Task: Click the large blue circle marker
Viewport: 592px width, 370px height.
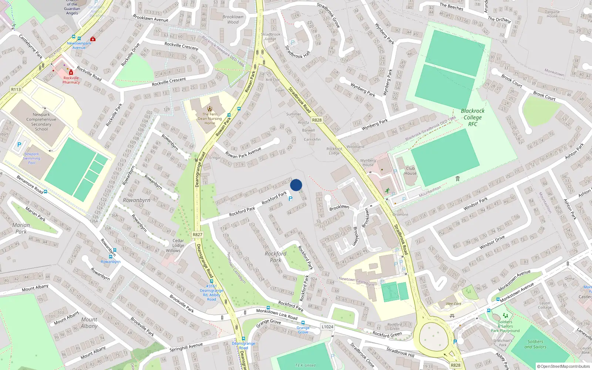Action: tap(296, 185)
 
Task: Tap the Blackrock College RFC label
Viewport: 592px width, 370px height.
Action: tap(472, 117)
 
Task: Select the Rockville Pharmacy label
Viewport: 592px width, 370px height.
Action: tap(71, 80)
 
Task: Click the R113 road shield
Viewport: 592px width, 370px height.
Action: tap(16, 90)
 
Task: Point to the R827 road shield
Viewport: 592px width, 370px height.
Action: tap(198, 235)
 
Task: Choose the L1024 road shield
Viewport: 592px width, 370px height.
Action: tap(327, 327)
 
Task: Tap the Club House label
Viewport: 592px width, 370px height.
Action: tap(410, 171)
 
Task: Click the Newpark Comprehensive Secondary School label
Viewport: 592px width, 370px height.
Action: tap(41, 122)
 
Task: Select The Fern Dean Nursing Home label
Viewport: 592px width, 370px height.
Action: tap(210, 118)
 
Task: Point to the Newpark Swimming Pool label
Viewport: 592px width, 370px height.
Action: tap(32, 158)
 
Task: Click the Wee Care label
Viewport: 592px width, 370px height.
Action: tap(454, 304)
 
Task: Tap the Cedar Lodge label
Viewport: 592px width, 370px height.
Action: tap(178, 243)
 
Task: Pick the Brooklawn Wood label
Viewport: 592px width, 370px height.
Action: tap(233, 19)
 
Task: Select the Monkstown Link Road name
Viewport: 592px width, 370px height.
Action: tap(277, 314)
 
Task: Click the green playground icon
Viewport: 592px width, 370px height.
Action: tap(505, 316)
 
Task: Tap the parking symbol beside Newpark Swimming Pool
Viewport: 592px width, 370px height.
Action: tap(19, 145)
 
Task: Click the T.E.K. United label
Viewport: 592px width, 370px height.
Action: tap(305, 365)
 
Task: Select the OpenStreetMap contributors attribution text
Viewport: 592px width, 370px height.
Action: tap(564, 366)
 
